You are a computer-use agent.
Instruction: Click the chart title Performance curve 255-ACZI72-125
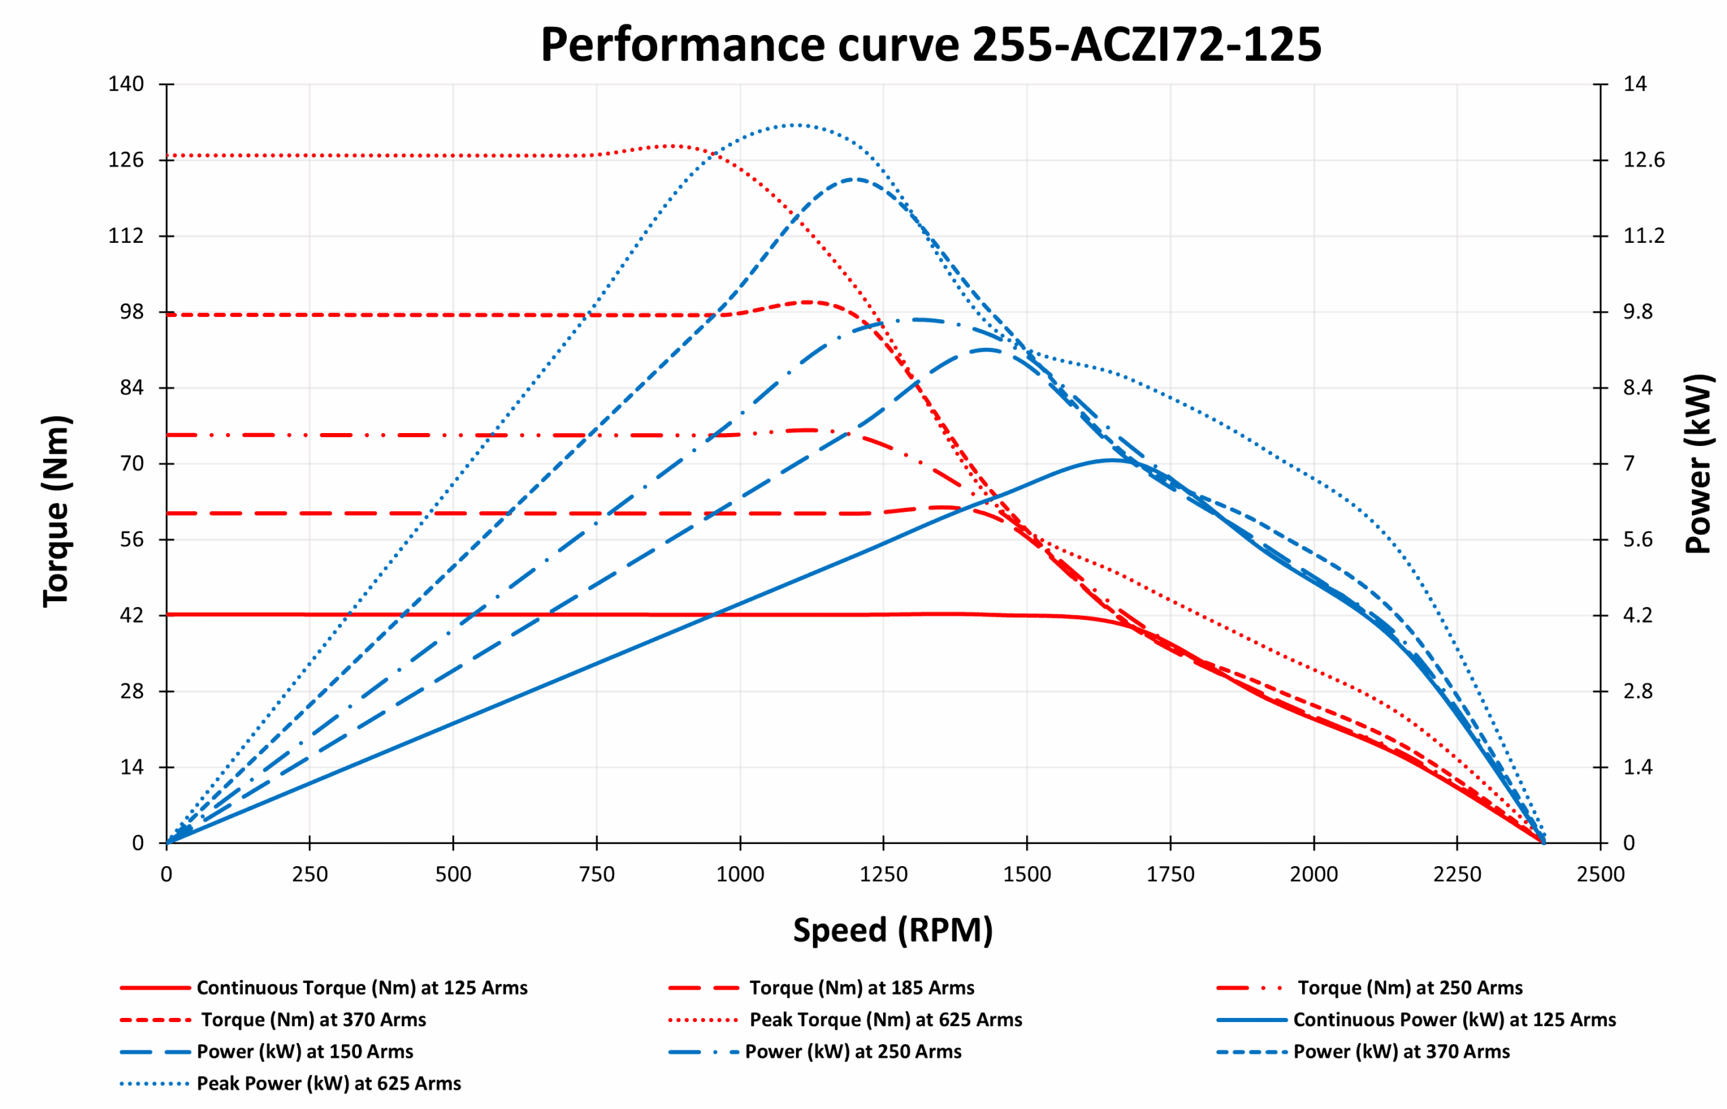click(930, 45)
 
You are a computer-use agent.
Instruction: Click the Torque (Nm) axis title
click(56, 511)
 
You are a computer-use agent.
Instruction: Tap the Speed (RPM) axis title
click(893, 930)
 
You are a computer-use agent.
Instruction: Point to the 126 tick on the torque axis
click(126, 160)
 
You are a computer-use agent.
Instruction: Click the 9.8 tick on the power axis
click(1638, 312)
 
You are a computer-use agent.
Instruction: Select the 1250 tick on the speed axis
click(883, 874)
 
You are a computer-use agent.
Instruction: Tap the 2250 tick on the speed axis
click(1457, 874)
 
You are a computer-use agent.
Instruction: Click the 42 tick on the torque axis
click(132, 616)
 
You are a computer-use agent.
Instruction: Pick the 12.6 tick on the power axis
click(1643, 160)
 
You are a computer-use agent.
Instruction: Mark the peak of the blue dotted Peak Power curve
click(792, 125)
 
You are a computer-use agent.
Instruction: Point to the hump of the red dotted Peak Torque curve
click(672, 146)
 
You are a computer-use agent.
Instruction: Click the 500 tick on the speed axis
click(453, 874)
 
